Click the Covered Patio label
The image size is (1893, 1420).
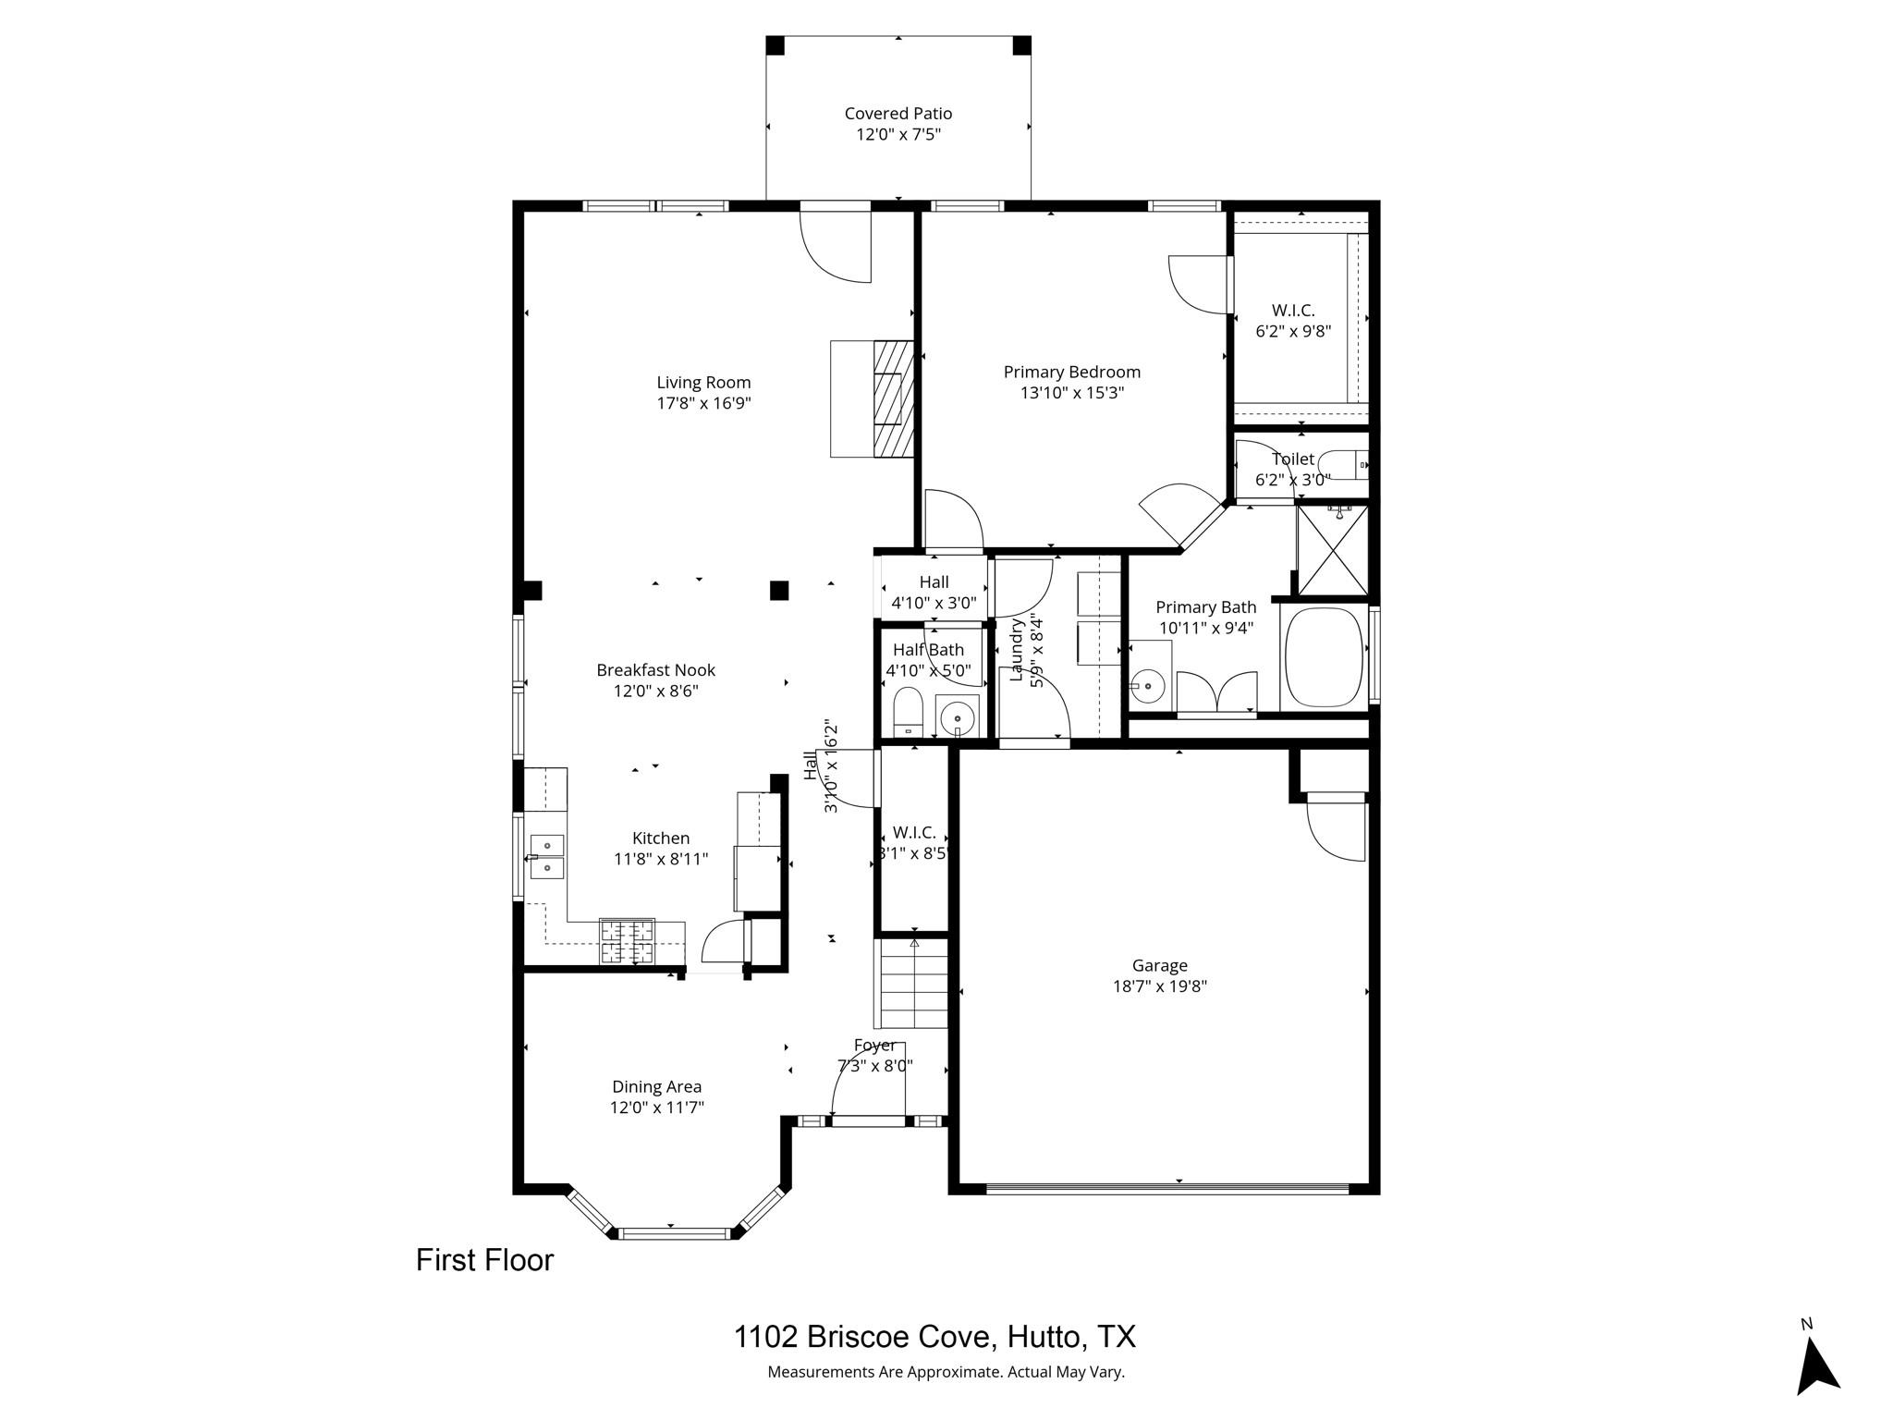[898, 114]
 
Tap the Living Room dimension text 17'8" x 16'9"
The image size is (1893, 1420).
[703, 404]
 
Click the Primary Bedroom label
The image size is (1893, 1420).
[1071, 372]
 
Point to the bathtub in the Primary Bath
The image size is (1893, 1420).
[1323, 657]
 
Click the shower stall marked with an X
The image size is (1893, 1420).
[1332, 550]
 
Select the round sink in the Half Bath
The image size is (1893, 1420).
[958, 716]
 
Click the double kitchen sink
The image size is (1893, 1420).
[547, 855]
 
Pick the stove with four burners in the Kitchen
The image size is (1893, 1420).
[628, 942]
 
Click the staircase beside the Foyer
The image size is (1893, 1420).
[912, 984]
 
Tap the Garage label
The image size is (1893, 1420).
[1159, 965]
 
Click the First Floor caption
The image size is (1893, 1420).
[484, 1260]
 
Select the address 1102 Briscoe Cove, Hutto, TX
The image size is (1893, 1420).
[934, 1337]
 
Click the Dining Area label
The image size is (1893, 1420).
[656, 1086]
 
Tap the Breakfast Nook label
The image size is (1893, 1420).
[655, 669]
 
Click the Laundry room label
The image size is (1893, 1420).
[1018, 651]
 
